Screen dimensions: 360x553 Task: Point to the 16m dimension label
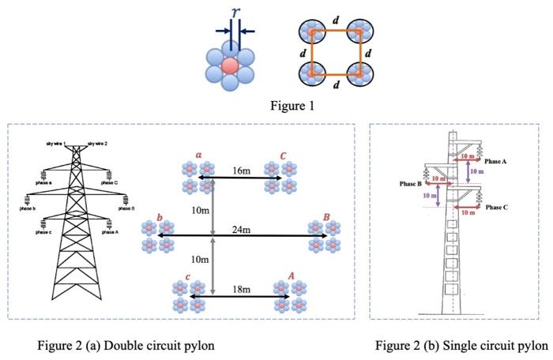point(241,171)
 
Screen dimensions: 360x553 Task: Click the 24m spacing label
point(241,229)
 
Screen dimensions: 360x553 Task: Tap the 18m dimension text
point(241,290)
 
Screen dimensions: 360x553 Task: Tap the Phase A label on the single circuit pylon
point(495,160)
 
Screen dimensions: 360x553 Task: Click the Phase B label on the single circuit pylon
point(410,183)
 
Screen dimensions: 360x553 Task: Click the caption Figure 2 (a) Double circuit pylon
point(126,346)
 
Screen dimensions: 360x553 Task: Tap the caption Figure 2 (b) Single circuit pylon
point(461,346)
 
